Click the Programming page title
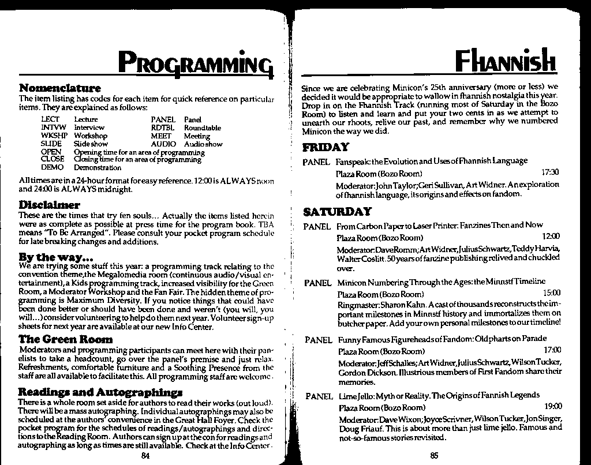coord(195,62)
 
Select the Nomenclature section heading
coord(60,88)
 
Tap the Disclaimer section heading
coord(49,205)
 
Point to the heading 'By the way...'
coord(56,257)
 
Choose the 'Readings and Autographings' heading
coord(100,392)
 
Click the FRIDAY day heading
coord(326,147)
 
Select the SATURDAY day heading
coord(337,212)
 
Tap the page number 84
coord(145,456)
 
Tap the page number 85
coord(434,456)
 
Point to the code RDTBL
coord(163,128)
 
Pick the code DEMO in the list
coord(52,168)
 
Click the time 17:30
coord(551,172)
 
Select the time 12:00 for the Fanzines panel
coord(551,237)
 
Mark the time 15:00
coord(552,293)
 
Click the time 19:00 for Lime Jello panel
coord(552,407)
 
